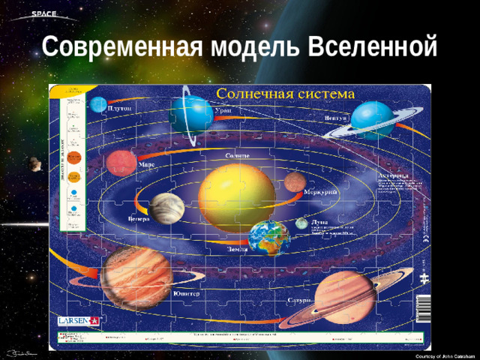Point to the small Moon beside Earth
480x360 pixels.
(301, 223)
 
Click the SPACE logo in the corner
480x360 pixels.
(41, 14)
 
